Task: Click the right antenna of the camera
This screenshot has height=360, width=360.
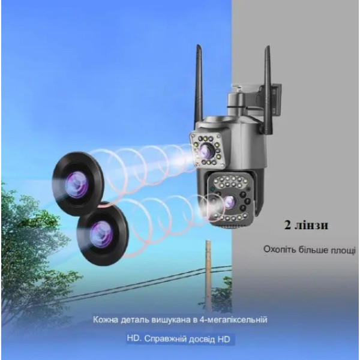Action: click(x=268, y=89)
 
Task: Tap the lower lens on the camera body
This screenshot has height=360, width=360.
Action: click(x=230, y=202)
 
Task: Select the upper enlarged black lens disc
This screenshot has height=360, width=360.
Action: click(x=78, y=184)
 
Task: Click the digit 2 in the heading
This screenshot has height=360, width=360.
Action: click(x=287, y=226)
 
